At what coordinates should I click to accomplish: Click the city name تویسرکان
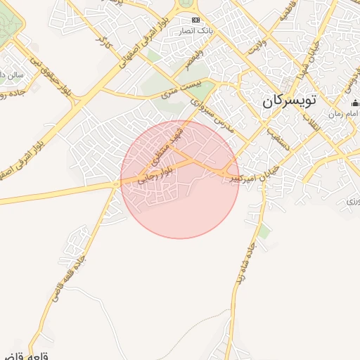coord(290,101)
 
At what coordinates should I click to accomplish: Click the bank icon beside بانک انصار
coord(195,20)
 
